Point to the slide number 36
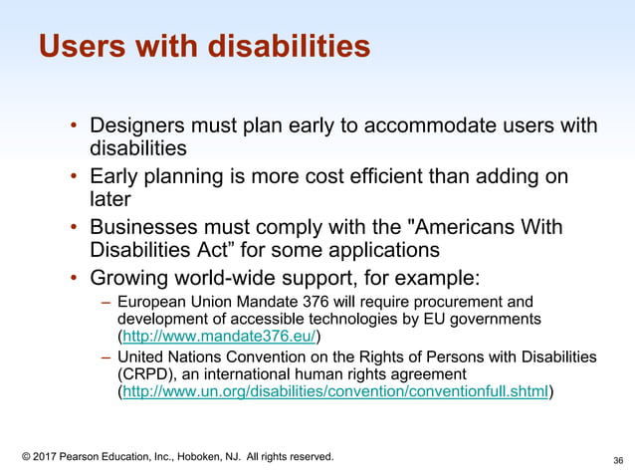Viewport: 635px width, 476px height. pyautogui.click(x=618, y=460)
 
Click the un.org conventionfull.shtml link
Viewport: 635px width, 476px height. pyautogui.click(x=334, y=391)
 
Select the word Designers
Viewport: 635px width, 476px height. pyautogui.click(x=140, y=126)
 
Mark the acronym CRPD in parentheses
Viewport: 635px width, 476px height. pyautogui.click(x=144, y=373)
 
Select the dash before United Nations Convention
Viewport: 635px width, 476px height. pyautogui.click(x=106, y=357)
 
